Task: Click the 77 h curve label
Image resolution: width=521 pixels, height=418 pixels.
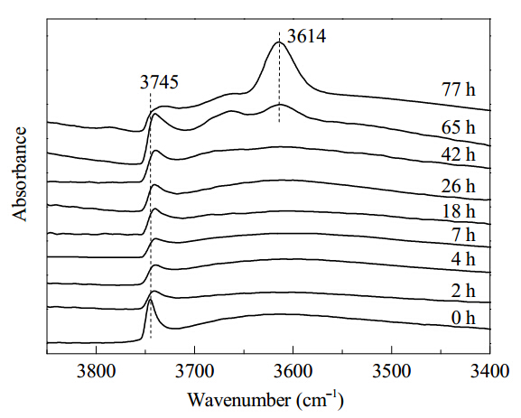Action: (x=458, y=89)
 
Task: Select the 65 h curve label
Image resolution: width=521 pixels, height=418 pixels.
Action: (x=458, y=127)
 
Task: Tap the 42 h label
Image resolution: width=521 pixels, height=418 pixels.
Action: (x=458, y=154)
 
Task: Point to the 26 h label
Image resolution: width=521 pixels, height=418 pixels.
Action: (x=458, y=186)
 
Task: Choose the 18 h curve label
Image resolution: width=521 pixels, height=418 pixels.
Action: (x=459, y=211)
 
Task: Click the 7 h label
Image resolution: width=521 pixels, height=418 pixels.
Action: (x=463, y=235)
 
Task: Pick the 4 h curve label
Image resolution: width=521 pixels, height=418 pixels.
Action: (x=463, y=258)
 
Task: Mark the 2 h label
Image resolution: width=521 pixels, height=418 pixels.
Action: (x=463, y=291)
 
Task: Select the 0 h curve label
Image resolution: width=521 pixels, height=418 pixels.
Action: (x=463, y=318)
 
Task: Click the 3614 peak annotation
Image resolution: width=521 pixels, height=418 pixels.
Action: (x=306, y=36)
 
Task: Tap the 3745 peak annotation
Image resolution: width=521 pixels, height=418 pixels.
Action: (x=159, y=82)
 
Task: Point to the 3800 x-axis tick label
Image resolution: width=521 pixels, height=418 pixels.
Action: (x=96, y=371)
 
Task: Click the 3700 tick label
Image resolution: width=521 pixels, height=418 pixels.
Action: (x=194, y=371)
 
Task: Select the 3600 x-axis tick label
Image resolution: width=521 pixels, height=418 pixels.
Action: (x=293, y=371)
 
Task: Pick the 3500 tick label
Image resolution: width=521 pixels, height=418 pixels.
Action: (x=391, y=371)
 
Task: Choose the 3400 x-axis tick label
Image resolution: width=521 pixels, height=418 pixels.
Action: (x=489, y=371)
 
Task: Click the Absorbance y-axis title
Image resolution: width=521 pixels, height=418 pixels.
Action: (x=19, y=174)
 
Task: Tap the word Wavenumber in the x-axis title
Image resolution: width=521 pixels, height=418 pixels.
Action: (x=239, y=400)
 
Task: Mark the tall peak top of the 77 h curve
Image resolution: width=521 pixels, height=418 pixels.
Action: (x=278, y=42)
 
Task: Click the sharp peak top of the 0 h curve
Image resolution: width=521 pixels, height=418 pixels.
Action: (x=150, y=300)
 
